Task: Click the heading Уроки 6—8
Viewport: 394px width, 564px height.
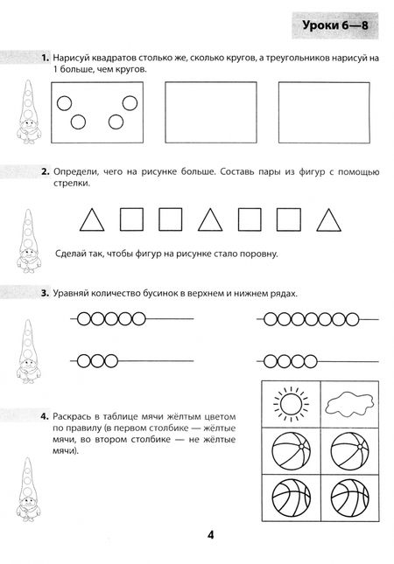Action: [335, 25]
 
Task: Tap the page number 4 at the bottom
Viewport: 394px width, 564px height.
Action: [211, 535]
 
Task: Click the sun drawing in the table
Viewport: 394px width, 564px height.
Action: [291, 404]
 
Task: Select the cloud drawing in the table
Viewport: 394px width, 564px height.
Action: [349, 404]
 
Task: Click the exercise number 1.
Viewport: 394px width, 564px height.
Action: [45, 58]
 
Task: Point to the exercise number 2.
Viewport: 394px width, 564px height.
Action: [46, 171]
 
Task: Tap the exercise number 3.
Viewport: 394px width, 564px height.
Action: [45, 293]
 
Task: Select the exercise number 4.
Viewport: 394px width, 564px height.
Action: [45, 416]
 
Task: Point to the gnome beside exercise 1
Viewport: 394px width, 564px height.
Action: [29, 112]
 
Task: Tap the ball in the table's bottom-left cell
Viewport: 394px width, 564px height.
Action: [291, 498]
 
